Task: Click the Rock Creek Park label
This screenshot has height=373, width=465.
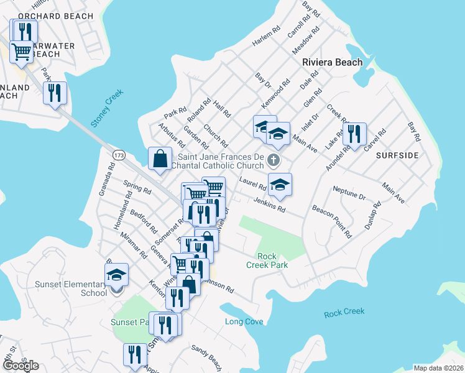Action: [273, 260]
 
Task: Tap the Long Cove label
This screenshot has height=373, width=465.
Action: [244, 321]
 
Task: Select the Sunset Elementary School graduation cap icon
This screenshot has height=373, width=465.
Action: [116, 275]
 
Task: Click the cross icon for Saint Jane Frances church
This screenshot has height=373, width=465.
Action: [272, 162]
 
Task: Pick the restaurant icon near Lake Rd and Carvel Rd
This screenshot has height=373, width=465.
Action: [354, 133]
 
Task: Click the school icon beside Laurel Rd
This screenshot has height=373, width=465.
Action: [280, 184]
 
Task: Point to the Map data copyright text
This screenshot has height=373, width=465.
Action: [438, 368]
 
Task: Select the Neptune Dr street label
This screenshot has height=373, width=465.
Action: [349, 192]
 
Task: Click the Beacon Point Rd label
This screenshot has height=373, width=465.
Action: [332, 222]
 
